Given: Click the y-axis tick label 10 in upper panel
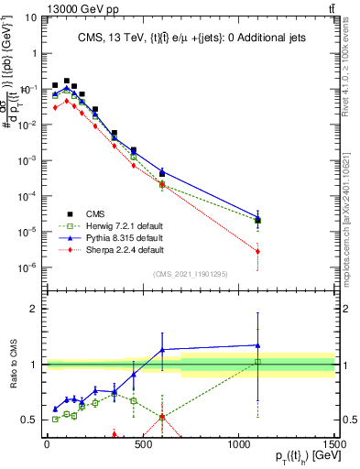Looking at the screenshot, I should (30, 17).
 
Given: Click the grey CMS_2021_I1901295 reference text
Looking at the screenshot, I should (191, 274).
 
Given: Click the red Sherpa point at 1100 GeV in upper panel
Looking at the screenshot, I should (258, 251).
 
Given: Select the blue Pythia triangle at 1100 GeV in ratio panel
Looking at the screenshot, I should (258, 345).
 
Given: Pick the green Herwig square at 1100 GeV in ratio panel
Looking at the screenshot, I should (258, 362).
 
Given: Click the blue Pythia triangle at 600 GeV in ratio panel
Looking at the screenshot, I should (162, 349).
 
